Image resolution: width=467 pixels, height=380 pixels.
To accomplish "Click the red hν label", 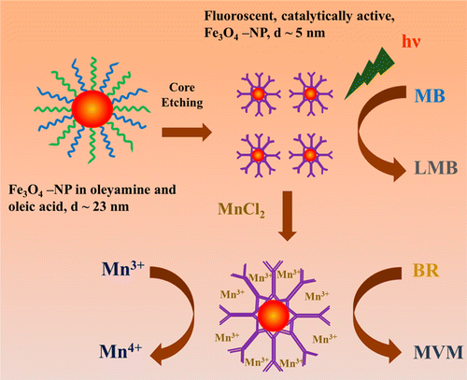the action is click(x=411, y=41).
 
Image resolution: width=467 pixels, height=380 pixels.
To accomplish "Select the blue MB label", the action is click(x=430, y=95).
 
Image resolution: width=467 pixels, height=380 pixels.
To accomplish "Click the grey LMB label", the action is click(x=436, y=168).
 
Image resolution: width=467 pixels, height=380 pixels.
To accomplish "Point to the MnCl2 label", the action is click(x=241, y=210).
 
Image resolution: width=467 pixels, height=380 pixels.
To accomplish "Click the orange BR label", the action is click(x=425, y=270).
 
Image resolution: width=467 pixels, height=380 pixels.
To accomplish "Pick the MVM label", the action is click(x=438, y=353).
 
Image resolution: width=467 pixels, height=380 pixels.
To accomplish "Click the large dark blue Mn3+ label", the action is click(x=123, y=268).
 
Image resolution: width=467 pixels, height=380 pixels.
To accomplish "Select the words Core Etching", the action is click(x=182, y=95).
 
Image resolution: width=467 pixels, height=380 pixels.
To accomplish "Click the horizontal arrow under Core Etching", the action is click(x=187, y=133).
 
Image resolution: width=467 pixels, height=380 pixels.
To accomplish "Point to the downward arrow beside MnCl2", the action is click(x=288, y=216).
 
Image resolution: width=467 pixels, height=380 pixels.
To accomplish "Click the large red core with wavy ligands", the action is click(x=92, y=109).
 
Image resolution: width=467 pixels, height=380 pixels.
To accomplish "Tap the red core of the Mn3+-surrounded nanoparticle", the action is click(x=274, y=317).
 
